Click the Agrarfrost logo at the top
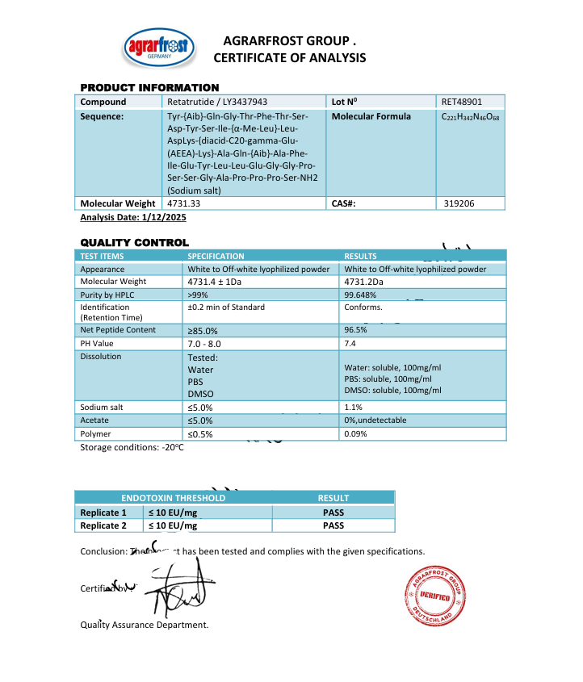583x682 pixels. [158, 50]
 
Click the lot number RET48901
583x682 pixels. [461, 102]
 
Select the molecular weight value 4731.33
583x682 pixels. [184, 203]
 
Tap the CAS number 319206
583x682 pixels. [459, 203]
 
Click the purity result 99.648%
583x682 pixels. [361, 295]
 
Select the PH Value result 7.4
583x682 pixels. [351, 343]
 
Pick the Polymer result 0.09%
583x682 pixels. [355, 434]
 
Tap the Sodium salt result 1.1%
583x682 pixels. [353, 408]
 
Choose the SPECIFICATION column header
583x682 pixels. [216, 256]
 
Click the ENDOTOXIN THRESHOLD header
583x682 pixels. [173, 498]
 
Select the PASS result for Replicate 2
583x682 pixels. [333, 525]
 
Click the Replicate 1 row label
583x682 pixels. [103, 513]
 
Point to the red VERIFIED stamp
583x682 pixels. [434, 594]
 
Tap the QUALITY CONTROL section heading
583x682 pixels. [134, 242]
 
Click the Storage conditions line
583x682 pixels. [132, 448]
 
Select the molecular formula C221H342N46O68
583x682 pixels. [470, 117]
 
